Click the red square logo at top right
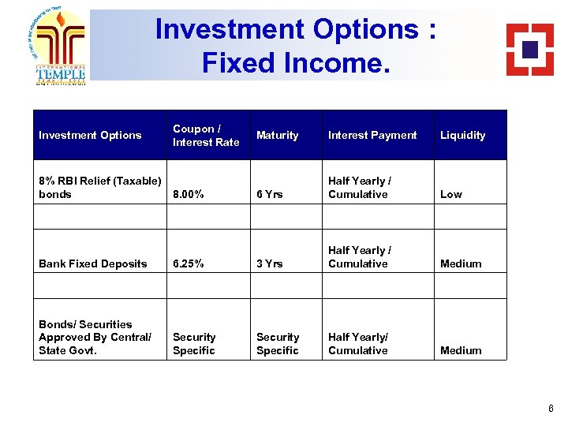529,49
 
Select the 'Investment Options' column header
90,135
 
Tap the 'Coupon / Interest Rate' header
205,135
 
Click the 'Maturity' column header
277,135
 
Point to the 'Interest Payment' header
372,135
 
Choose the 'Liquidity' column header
462,135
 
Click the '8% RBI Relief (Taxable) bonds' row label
99,187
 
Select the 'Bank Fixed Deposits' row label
92,263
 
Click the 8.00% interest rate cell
189,194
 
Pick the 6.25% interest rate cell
189,263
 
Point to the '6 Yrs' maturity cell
269,194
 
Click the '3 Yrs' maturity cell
269,263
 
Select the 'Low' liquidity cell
450,194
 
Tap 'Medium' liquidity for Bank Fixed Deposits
460,263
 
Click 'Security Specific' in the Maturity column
278,343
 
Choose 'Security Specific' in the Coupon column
194,343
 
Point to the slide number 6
551,409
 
